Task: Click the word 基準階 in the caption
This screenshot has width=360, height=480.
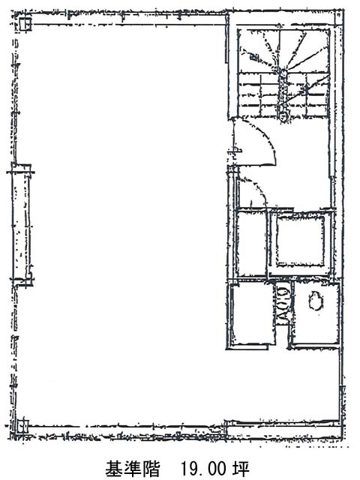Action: (133, 468)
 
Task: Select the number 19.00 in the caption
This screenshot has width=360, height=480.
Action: (203, 468)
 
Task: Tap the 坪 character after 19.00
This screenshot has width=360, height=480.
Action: (241, 468)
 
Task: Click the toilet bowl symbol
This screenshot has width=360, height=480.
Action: (316, 301)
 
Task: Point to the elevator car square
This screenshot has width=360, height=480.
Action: (300, 241)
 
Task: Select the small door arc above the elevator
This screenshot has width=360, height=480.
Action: (256, 189)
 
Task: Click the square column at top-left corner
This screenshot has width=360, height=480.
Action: (25, 23)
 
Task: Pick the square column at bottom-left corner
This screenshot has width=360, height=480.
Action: (22, 426)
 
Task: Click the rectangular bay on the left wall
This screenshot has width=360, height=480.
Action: (22, 225)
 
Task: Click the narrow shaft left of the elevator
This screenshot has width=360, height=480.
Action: (251, 242)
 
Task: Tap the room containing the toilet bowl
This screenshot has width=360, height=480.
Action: (316, 314)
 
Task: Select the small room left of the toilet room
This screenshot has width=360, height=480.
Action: (251, 315)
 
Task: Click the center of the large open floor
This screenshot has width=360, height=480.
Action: (122, 223)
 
